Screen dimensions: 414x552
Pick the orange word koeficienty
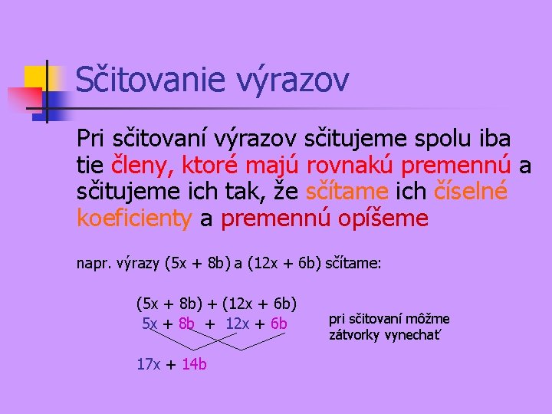tap(134, 219)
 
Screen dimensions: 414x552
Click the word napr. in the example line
tap(94, 264)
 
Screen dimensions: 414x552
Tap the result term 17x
tap(148, 364)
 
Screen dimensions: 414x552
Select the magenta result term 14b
tap(194, 364)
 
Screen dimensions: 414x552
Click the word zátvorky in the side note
tap(353, 335)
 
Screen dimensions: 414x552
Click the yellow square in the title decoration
tap(36, 77)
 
